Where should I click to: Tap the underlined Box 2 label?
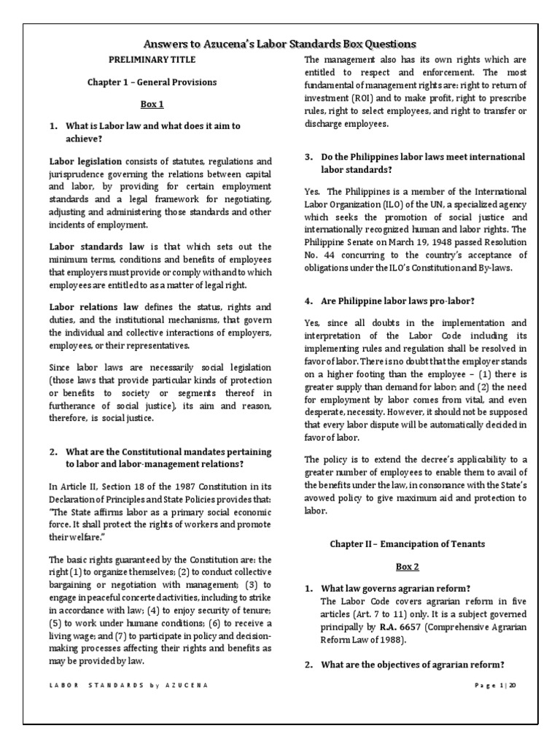point(407,566)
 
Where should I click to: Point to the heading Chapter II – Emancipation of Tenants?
point(407,543)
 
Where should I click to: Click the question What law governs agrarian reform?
point(394,588)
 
